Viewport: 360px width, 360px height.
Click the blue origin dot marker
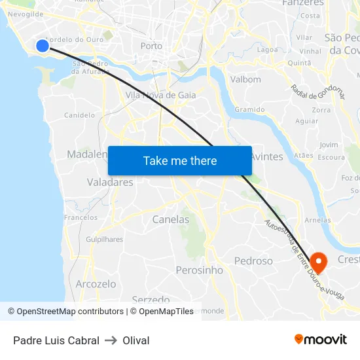(x=42, y=45)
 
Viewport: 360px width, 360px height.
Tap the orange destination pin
(x=319, y=262)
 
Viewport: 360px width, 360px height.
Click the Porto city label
(x=151, y=46)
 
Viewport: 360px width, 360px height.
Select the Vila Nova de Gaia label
(x=160, y=95)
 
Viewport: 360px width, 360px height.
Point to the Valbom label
(x=246, y=79)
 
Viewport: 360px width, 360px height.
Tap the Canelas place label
(x=170, y=220)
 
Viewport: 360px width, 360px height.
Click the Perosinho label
(x=199, y=270)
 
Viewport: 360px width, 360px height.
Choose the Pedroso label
(x=253, y=261)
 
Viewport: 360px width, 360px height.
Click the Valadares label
(x=110, y=183)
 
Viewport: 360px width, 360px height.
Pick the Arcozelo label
(x=96, y=284)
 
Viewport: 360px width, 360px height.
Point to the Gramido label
(x=249, y=109)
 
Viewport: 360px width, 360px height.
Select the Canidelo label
(x=80, y=115)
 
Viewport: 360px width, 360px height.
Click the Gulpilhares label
(x=104, y=240)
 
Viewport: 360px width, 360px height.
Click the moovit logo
(x=320, y=339)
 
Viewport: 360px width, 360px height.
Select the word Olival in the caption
(x=136, y=340)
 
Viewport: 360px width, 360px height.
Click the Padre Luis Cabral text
(x=56, y=340)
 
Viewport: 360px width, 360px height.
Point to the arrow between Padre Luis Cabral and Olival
(x=111, y=340)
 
